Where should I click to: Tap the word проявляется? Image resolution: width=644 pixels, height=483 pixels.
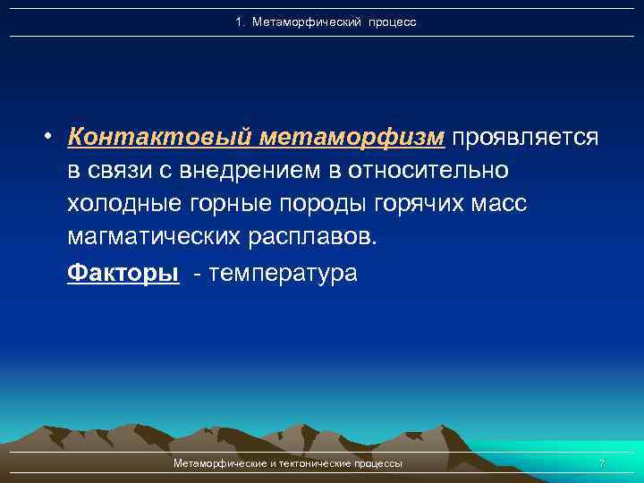click(x=525, y=137)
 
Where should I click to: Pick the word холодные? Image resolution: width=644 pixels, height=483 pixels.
click(x=125, y=205)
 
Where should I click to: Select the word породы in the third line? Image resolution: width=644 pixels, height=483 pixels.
click(x=325, y=205)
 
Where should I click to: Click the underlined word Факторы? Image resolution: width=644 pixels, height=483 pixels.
click(x=123, y=273)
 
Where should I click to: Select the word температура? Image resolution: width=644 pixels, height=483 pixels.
click(x=282, y=273)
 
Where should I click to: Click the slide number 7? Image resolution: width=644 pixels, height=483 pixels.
click(x=601, y=463)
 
